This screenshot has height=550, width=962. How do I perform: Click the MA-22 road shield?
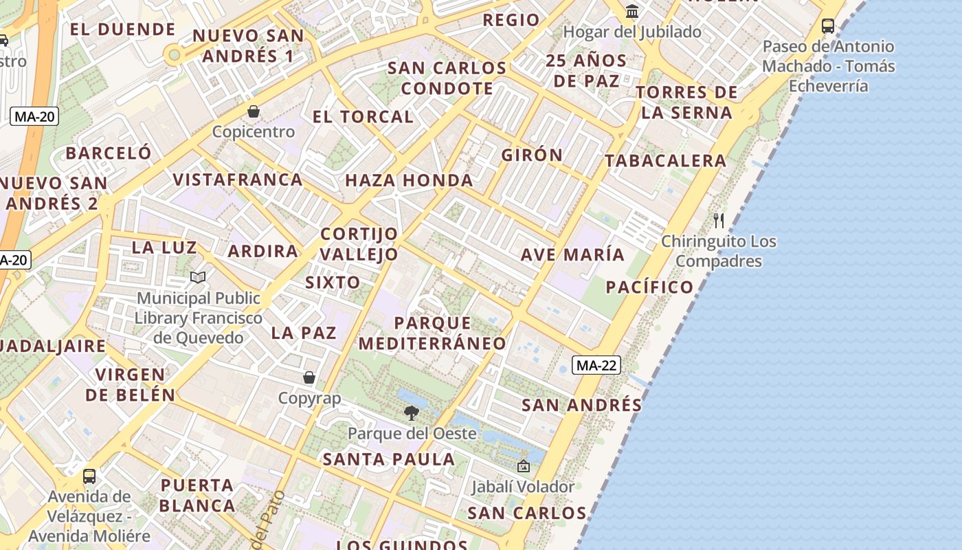click(596, 365)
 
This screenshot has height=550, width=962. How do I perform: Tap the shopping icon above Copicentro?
click(254, 111)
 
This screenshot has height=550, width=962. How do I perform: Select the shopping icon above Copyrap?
click(309, 377)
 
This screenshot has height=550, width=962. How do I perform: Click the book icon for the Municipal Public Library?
click(198, 277)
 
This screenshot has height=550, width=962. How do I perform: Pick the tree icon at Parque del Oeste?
click(412, 412)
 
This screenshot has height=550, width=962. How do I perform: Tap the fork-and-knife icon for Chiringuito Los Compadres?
click(719, 221)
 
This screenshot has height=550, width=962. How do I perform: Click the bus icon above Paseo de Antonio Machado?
click(828, 26)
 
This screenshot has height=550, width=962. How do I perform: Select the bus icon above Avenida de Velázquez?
click(89, 476)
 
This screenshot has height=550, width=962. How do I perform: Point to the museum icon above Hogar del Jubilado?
click(632, 11)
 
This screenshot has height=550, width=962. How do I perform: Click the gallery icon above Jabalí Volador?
click(523, 466)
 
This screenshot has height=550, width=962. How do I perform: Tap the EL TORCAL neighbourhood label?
click(363, 117)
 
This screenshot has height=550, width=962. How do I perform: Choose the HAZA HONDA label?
click(409, 181)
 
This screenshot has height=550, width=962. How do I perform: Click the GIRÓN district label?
click(532, 155)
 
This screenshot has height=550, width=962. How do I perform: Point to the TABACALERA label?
click(665, 161)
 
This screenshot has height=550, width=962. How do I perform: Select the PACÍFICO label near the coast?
click(649, 287)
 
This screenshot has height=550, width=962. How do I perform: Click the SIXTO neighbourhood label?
click(333, 283)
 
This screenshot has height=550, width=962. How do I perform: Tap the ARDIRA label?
click(263, 252)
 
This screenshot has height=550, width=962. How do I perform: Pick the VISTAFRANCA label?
click(237, 180)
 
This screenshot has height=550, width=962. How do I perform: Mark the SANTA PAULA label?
click(389, 459)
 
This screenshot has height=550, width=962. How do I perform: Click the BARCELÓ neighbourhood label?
click(109, 153)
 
